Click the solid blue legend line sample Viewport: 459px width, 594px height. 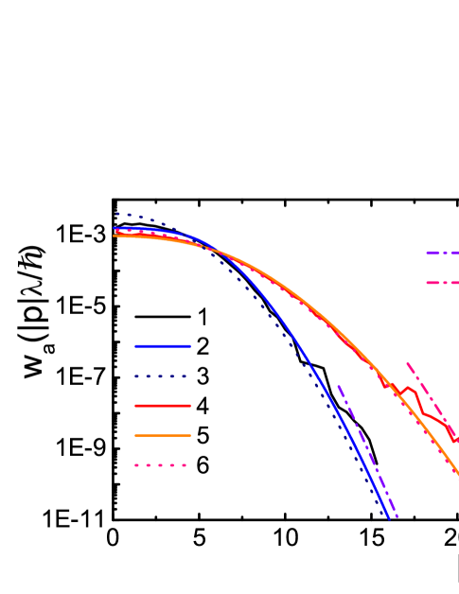(x=162, y=346)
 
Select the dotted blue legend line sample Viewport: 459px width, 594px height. (x=162, y=376)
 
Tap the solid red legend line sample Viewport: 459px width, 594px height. (x=162, y=406)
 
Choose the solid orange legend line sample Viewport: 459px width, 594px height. (x=162, y=435)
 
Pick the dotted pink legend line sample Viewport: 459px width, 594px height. (x=162, y=465)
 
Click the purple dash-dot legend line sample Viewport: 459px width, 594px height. (x=442, y=253)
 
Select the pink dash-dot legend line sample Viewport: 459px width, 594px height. (x=442, y=283)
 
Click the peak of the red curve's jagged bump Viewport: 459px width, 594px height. (x=410, y=387)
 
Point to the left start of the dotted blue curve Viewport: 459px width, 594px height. (x=116, y=214)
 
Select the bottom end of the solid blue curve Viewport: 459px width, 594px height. (x=389, y=517)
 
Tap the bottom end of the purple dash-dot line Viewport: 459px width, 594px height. (x=397, y=518)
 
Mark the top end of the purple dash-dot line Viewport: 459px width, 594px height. (x=338, y=386)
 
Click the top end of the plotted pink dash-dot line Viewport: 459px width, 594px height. (x=407, y=361)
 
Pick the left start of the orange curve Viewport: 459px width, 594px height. (x=115, y=236)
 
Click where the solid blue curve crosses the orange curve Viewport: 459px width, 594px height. (x=218, y=251)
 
